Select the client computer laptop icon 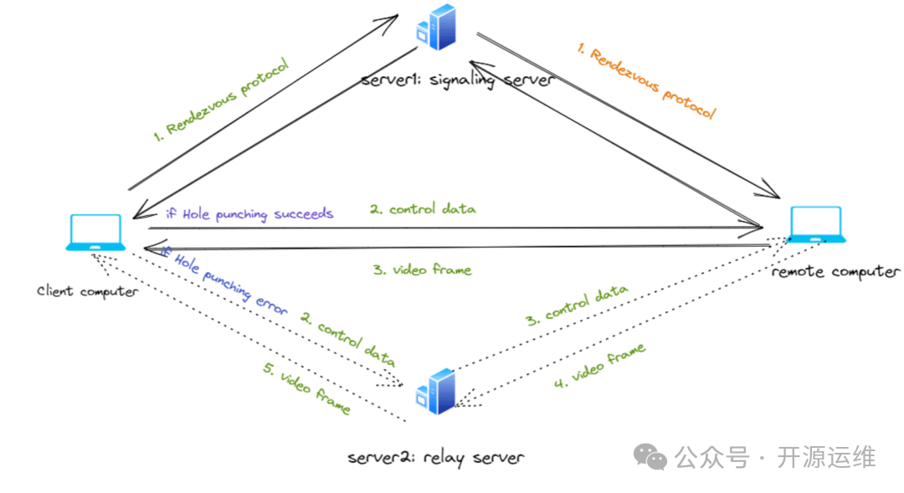click(x=95, y=233)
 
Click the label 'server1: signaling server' click(x=457, y=80)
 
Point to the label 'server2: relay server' click(x=435, y=457)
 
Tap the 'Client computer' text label click(x=88, y=290)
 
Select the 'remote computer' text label click(x=835, y=271)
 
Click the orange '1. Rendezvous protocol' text click(x=645, y=83)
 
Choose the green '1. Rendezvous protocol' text click(x=221, y=100)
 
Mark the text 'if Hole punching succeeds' click(x=249, y=213)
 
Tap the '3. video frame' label click(x=422, y=270)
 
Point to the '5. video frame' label click(x=306, y=390)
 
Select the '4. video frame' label click(x=599, y=366)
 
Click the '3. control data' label click(x=577, y=305)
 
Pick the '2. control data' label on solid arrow click(x=423, y=209)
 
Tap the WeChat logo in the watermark click(x=650, y=456)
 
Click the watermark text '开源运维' click(x=826, y=458)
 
